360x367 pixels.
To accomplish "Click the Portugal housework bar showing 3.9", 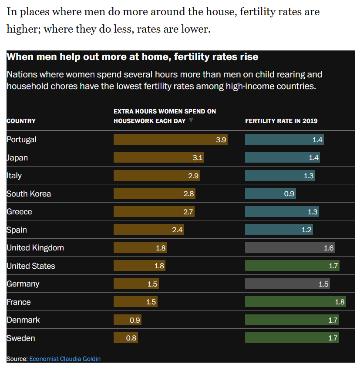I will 170,140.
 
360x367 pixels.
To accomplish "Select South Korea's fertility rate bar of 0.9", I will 270,194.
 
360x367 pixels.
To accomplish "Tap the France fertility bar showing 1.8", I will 295,302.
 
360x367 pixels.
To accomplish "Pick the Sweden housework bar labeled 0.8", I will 125,338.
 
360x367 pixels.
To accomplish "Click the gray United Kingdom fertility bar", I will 290,248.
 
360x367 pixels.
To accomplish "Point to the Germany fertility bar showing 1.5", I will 287,284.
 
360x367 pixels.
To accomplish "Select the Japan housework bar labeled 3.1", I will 158,157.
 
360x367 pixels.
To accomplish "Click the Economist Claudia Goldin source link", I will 65,359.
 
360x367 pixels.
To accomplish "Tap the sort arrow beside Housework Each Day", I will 191,120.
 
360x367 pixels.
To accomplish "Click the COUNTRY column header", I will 21,121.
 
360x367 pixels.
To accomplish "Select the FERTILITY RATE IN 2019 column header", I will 281,121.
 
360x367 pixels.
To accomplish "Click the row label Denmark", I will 23,320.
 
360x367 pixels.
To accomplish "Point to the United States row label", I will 31,266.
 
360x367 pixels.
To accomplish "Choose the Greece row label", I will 19,212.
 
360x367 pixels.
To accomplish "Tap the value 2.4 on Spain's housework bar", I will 177,230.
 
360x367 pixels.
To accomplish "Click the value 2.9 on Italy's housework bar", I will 194,176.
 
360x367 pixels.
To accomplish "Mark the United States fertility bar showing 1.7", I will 292,266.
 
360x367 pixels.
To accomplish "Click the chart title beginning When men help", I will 133,57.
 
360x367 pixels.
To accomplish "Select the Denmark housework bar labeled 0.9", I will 127,320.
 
